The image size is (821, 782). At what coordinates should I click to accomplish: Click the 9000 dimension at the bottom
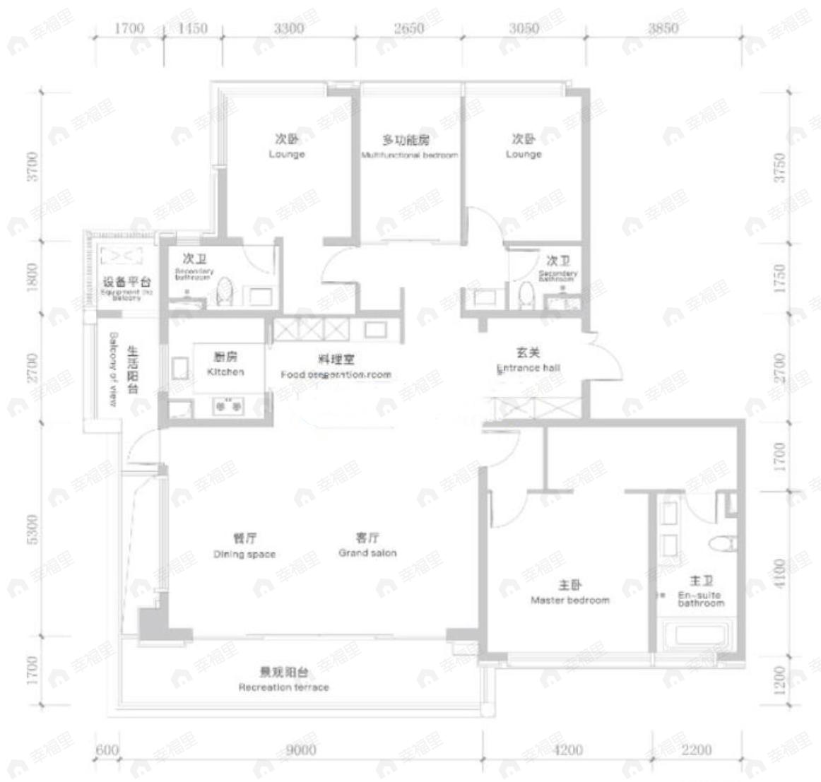[x=301, y=750]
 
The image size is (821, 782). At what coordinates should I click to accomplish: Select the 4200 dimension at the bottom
[x=567, y=750]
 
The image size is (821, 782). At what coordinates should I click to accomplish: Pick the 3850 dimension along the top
[x=663, y=28]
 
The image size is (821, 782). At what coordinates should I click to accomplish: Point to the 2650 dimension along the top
[x=409, y=28]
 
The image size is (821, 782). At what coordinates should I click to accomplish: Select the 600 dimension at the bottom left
[x=107, y=750]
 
